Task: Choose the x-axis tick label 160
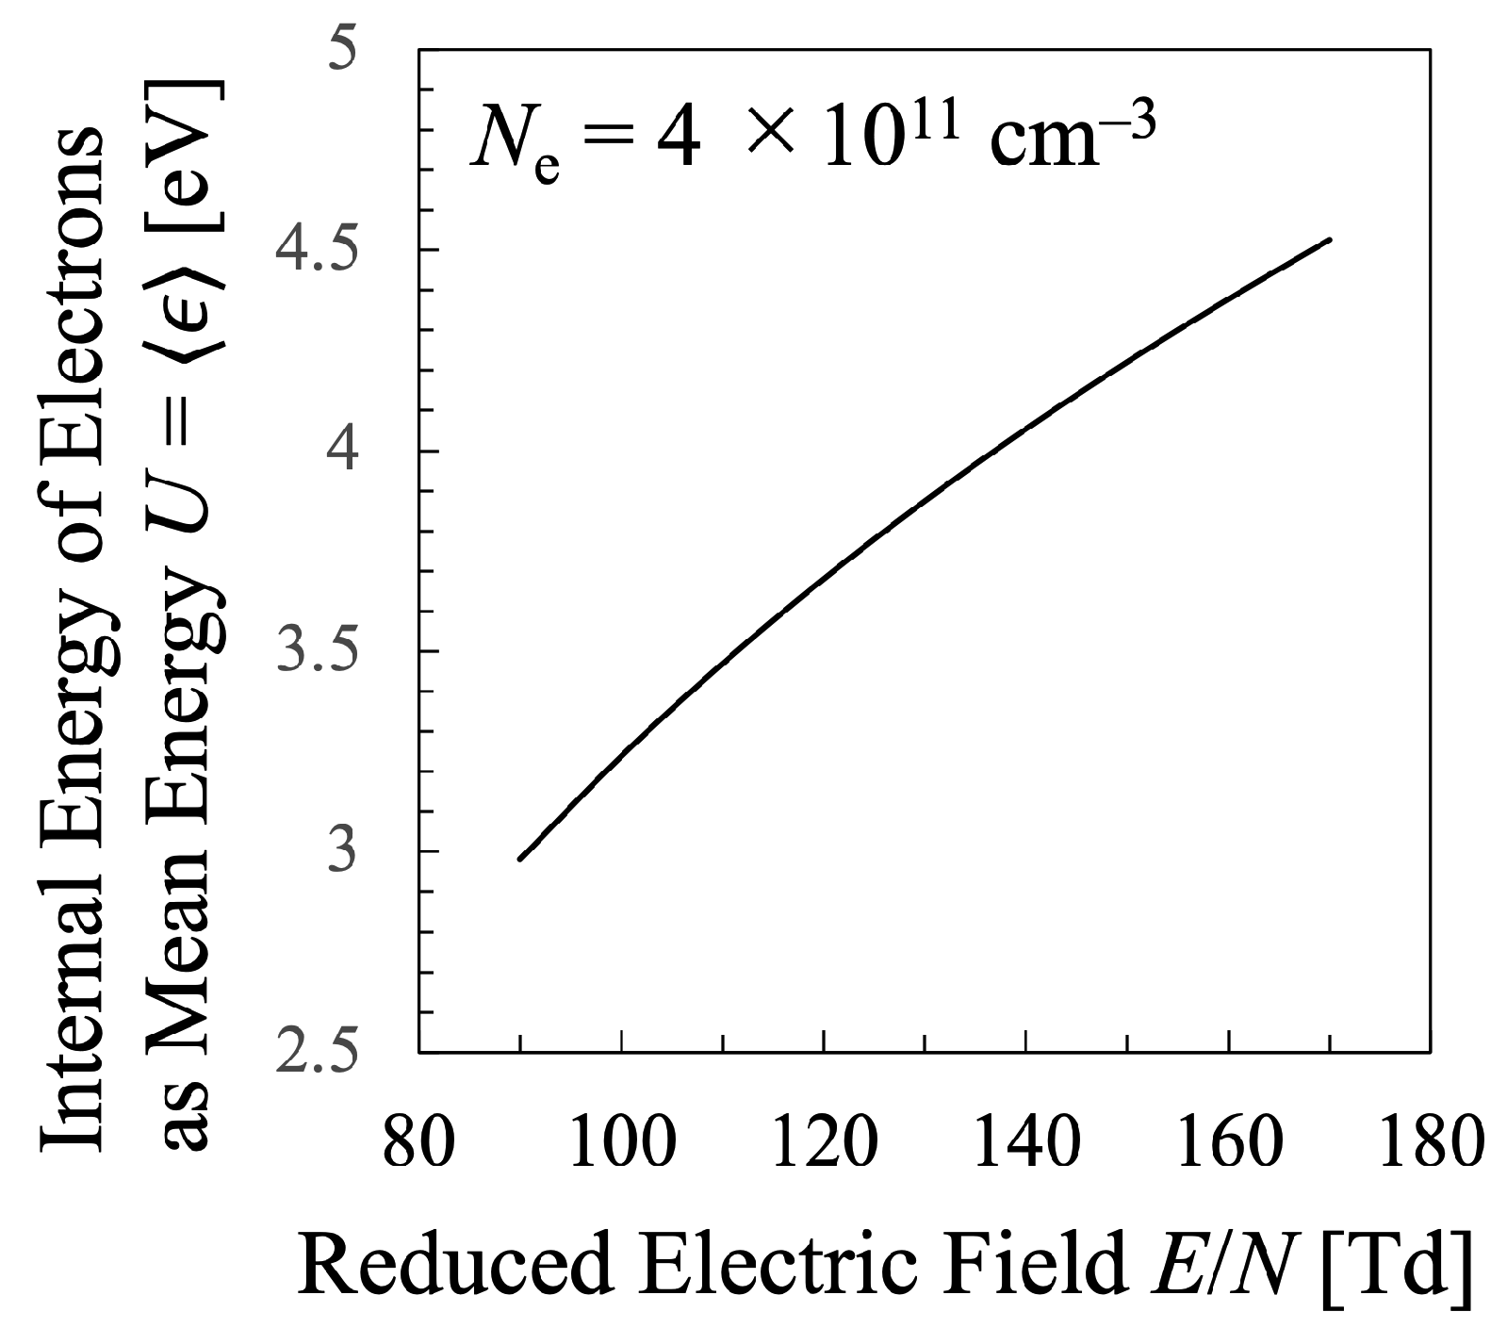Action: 1228,1143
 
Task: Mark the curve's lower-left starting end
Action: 520,858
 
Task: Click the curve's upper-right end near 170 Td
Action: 1329,240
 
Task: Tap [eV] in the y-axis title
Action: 189,152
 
